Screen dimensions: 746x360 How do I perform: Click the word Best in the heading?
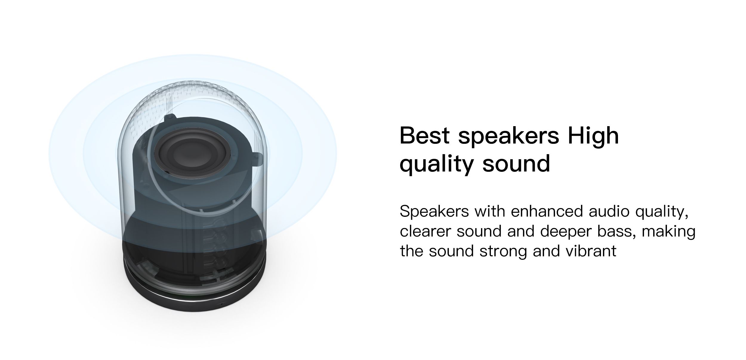tap(424, 135)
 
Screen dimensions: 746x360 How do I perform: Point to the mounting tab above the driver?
tap(169, 118)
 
